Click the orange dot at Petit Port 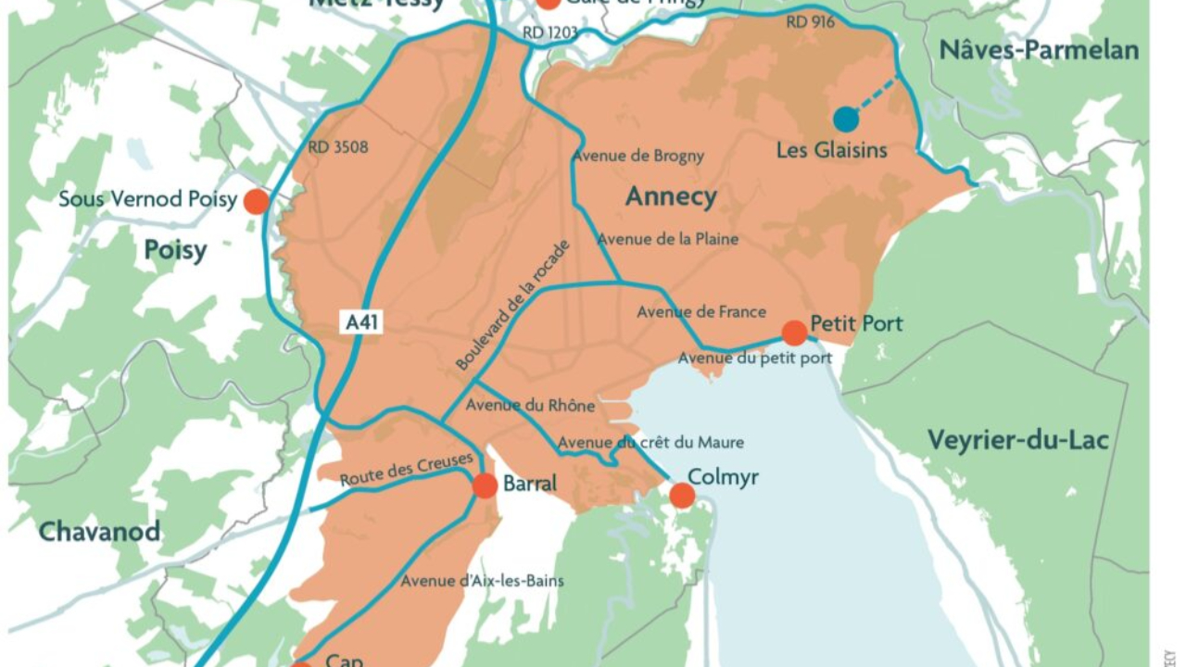[x=794, y=333]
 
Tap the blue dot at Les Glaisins [x=845, y=119]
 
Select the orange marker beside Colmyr [x=682, y=496]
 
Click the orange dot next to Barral [x=485, y=485]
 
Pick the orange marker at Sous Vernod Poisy [x=256, y=201]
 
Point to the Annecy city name [x=671, y=196]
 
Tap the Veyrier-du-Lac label [x=1017, y=440]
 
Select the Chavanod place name [x=99, y=532]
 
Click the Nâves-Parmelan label [x=1039, y=50]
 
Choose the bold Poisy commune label [x=175, y=250]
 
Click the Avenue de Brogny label [x=638, y=156]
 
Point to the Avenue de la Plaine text [x=668, y=239]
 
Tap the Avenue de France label [x=701, y=312]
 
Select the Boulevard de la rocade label [x=512, y=305]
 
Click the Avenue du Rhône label [x=530, y=405]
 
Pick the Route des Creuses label [x=407, y=471]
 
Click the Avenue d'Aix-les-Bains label [x=482, y=581]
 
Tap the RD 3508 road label [x=338, y=146]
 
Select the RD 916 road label [x=809, y=22]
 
